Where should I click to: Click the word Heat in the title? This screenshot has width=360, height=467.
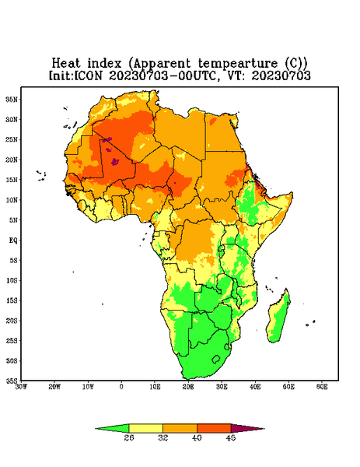click(66, 64)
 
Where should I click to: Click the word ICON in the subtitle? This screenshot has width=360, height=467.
click(89, 75)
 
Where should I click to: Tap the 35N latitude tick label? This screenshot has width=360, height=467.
click(12, 99)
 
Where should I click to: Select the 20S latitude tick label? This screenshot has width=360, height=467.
click(12, 321)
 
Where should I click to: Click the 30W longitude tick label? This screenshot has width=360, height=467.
click(21, 387)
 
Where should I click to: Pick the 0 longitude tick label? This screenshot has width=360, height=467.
click(121, 387)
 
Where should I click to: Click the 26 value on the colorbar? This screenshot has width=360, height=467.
click(129, 437)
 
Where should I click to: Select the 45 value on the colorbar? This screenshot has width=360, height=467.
click(231, 437)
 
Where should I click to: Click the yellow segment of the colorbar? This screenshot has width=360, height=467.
click(145, 429)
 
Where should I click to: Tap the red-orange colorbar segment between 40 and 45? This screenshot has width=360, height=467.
click(214, 429)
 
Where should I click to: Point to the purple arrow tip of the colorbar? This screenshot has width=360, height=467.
click(263, 429)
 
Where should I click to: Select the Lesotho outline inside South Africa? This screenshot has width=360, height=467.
click(216, 359)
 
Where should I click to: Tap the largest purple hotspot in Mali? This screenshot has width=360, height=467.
click(115, 162)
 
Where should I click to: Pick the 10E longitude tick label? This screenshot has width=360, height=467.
click(155, 387)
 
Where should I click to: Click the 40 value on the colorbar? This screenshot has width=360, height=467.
click(197, 437)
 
